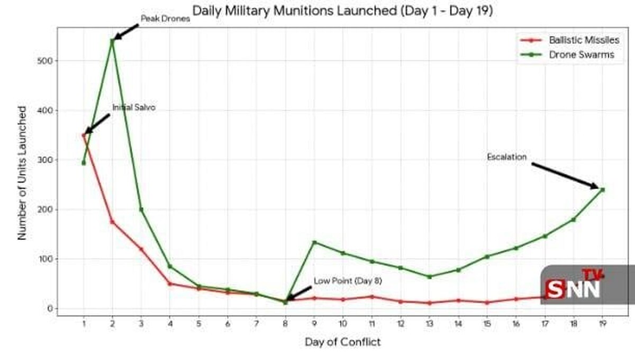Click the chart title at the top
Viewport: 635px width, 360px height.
pyautogui.click(x=342, y=11)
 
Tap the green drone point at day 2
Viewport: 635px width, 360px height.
pyautogui.click(x=112, y=40)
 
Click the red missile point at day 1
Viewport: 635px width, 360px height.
pyautogui.click(x=84, y=135)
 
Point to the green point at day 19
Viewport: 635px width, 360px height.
pyautogui.click(x=602, y=190)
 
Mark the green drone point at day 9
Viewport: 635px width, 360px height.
pyautogui.click(x=314, y=242)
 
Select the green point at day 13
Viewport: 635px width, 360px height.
pyautogui.click(x=429, y=276)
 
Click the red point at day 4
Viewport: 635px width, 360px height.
pyautogui.click(x=170, y=284)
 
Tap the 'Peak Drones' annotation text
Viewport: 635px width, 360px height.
pyautogui.click(x=165, y=19)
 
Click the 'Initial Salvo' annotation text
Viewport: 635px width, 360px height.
pyautogui.click(x=134, y=108)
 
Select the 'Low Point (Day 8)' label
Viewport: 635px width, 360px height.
pyautogui.click(x=348, y=281)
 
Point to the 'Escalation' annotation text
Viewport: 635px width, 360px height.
pyautogui.click(x=507, y=157)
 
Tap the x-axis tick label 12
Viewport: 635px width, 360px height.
pyautogui.click(x=401, y=323)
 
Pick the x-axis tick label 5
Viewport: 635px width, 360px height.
pyautogui.click(x=198, y=323)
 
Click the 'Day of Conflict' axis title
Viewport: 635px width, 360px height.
pyautogui.click(x=342, y=342)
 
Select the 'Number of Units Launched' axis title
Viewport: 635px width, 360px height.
pyautogui.click(x=22, y=173)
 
